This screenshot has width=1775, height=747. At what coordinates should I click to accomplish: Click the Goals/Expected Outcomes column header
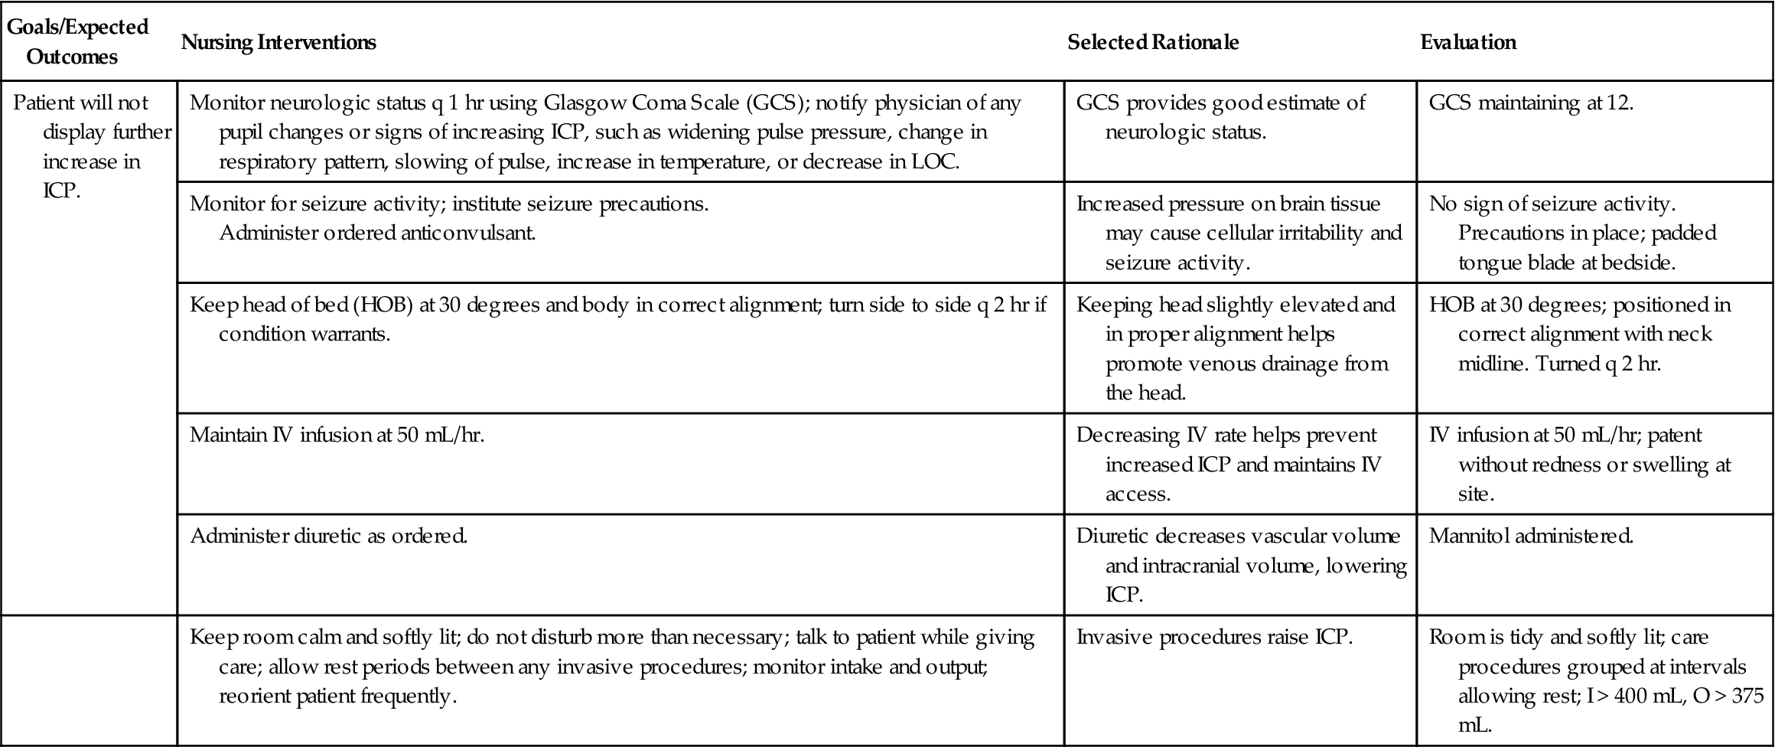click(77, 41)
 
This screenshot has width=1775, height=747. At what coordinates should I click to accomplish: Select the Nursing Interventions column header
click(278, 42)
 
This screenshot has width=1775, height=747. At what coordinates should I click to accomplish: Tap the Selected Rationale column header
click(1153, 42)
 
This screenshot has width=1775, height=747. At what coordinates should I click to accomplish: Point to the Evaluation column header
click(1468, 42)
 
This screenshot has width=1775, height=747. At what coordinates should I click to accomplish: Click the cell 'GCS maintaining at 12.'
click(1531, 103)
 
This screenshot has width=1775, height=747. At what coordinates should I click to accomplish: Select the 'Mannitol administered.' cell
click(1531, 536)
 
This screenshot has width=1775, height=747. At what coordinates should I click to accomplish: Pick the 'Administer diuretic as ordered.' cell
click(328, 536)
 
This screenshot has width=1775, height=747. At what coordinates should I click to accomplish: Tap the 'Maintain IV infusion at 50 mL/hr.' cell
click(337, 435)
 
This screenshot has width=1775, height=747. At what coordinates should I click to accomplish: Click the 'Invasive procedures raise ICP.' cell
click(1214, 637)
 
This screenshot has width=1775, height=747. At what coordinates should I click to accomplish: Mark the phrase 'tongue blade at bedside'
click(1566, 263)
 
